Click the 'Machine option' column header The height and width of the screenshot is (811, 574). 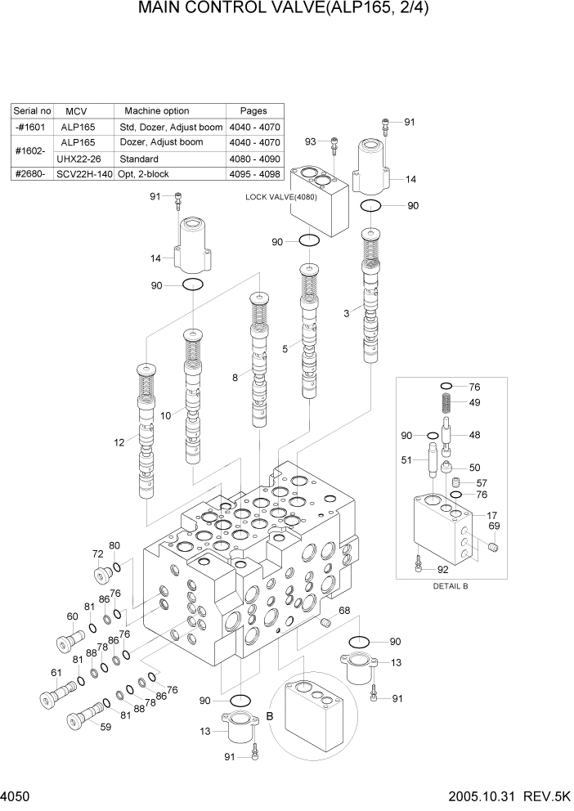point(156,111)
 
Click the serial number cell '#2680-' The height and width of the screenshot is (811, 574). point(32,174)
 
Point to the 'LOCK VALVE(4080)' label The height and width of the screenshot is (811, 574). point(283,197)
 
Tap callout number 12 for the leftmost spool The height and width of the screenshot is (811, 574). point(119,442)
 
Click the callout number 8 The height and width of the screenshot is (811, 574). point(235,378)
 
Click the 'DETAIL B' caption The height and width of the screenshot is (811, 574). point(449,586)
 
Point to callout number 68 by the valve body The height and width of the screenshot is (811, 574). point(344,611)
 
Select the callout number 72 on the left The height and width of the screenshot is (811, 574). point(97,554)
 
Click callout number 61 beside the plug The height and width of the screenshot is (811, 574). point(56,673)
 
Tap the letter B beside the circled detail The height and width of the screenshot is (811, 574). point(268,715)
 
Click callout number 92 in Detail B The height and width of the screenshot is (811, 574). point(442,570)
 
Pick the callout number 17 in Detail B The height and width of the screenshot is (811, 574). point(492,515)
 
